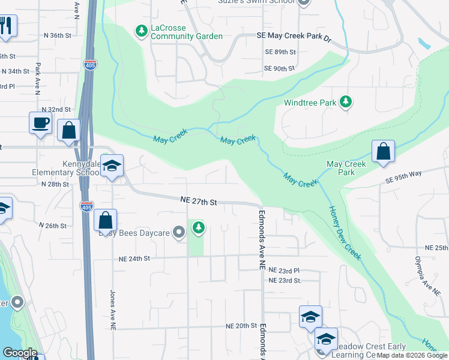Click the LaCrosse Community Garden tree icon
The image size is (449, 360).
click(141, 30)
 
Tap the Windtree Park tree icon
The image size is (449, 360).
click(345, 102)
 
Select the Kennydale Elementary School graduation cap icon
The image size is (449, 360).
click(112, 166)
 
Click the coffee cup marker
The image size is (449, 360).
click(40, 123)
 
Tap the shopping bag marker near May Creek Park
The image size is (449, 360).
click(383, 152)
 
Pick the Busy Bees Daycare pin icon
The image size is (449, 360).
click(178, 232)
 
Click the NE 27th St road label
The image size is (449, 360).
click(199, 202)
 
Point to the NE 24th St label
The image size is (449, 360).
click(132, 259)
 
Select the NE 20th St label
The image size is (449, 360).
click(241, 325)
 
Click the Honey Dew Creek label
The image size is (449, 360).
click(345, 233)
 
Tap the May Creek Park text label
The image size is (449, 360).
click(346, 168)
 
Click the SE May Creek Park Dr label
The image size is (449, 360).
click(294, 37)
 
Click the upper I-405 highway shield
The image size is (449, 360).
click(89, 64)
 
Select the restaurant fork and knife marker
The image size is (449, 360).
click(7, 26)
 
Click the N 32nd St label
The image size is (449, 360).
click(56, 110)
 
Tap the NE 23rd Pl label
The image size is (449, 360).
click(284, 271)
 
